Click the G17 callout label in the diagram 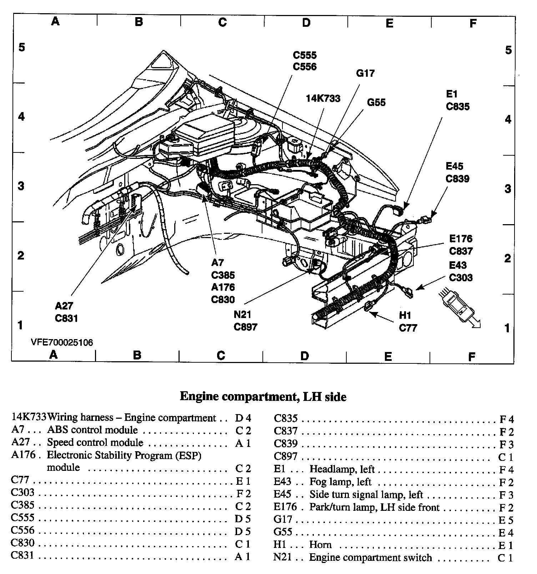coord(365,73)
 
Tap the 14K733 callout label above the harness coord(323,98)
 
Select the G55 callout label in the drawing coord(376,102)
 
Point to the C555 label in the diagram coord(305,55)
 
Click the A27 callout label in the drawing coord(64,306)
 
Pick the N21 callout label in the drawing coord(242,314)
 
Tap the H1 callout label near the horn coord(405,315)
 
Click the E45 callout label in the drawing coord(455,166)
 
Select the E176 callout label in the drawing coord(461,238)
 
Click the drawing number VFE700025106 coord(62,343)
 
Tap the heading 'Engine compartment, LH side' coord(263,397)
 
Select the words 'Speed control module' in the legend coord(95,443)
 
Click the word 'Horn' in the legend coord(320,545)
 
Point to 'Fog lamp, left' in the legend coord(340,482)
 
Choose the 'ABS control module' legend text coord(92,430)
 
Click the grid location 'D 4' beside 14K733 coord(243,418)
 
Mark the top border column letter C coord(222,22)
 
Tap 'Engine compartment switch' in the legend coord(370,557)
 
